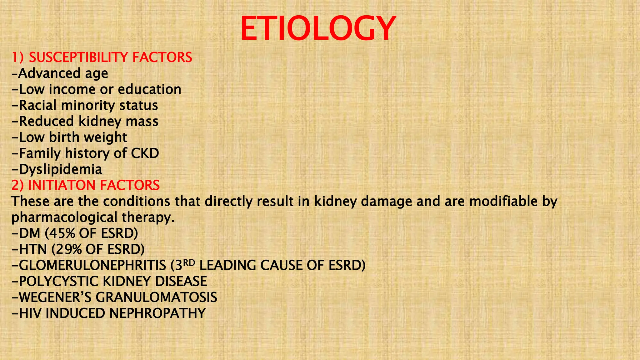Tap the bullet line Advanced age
point(60,74)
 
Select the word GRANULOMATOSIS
point(156,297)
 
